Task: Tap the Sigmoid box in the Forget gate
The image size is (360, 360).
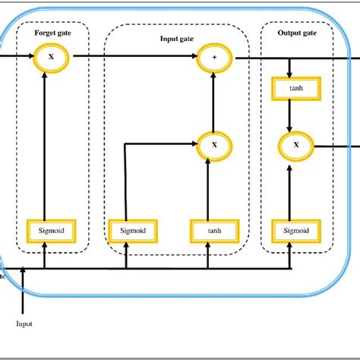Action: click(46, 229)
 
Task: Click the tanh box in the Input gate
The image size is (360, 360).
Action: click(213, 229)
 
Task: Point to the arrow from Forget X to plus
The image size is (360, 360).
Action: click(129, 57)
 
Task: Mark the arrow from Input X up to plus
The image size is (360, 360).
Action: click(213, 100)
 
